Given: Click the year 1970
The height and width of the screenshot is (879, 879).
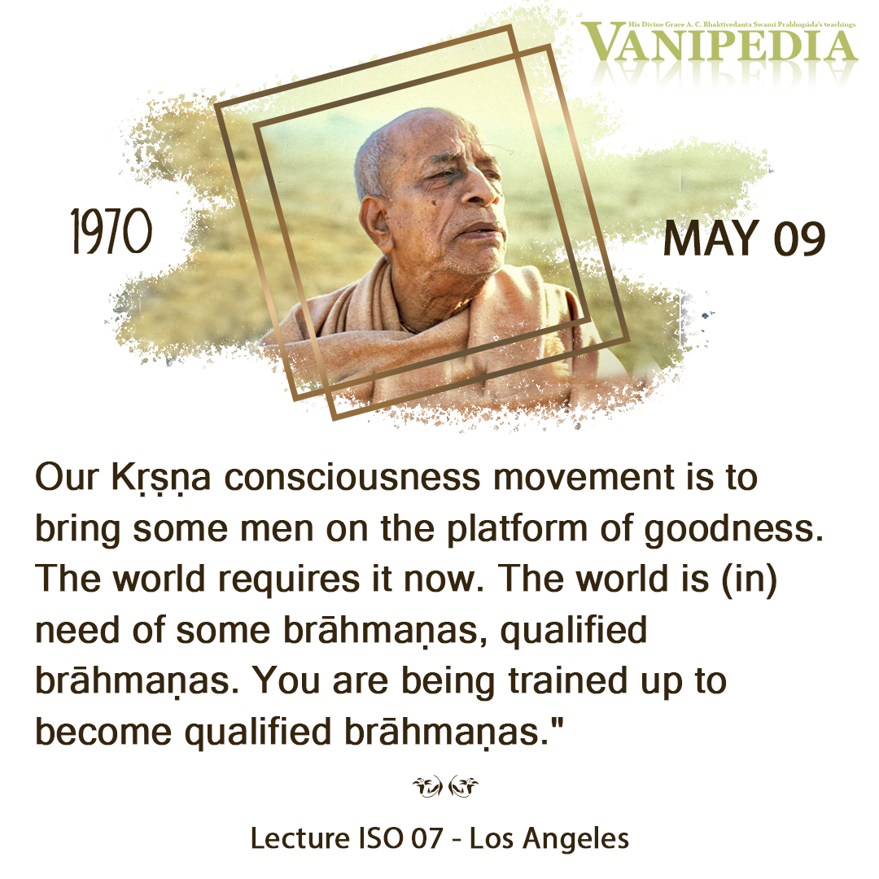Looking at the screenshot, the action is pyautogui.click(x=112, y=231).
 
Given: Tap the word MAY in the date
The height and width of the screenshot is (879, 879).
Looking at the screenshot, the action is pyautogui.click(x=711, y=238).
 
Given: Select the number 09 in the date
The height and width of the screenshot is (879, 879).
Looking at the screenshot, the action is pyautogui.click(x=799, y=238).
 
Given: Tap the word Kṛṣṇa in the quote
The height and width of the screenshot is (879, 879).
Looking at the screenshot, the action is pyautogui.click(x=161, y=479).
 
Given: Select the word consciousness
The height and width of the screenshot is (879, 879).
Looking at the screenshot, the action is pyautogui.click(x=352, y=478).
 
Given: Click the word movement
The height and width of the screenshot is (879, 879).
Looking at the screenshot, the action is pyautogui.click(x=584, y=478).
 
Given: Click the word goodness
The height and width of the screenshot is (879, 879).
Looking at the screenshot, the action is pyautogui.click(x=734, y=530).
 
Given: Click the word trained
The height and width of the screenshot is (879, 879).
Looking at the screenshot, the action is pyautogui.click(x=568, y=680).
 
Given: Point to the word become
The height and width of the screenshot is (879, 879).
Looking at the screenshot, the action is pyautogui.click(x=103, y=732).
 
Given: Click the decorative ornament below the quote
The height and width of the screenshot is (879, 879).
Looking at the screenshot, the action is pyautogui.click(x=445, y=786).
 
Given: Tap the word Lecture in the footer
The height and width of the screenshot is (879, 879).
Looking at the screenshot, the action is pyautogui.click(x=300, y=838).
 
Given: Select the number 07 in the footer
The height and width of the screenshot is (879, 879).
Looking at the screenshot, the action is pyautogui.click(x=426, y=838).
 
